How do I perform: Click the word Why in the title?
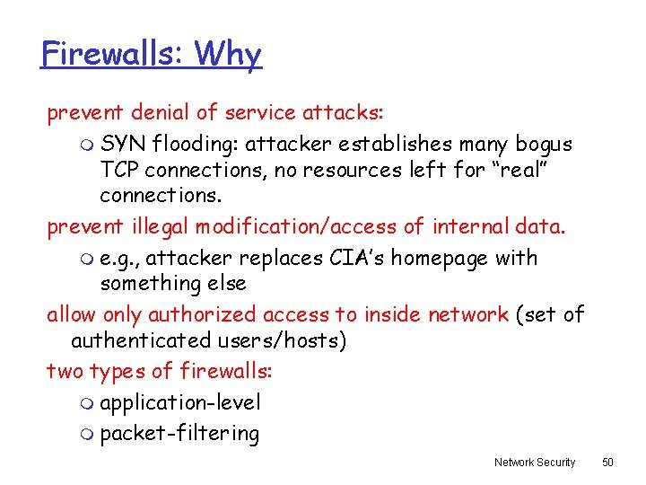click(x=228, y=54)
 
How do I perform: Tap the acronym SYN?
click(x=124, y=144)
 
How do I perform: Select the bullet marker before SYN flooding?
click(x=86, y=145)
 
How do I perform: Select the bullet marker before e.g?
click(x=86, y=260)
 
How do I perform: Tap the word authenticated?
click(x=142, y=341)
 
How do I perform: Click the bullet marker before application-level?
click(x=86, y=404)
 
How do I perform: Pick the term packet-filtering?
click(x=179, y=434)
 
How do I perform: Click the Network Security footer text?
click(x=535, y=463)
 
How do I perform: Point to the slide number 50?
click(x=607, y=463)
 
